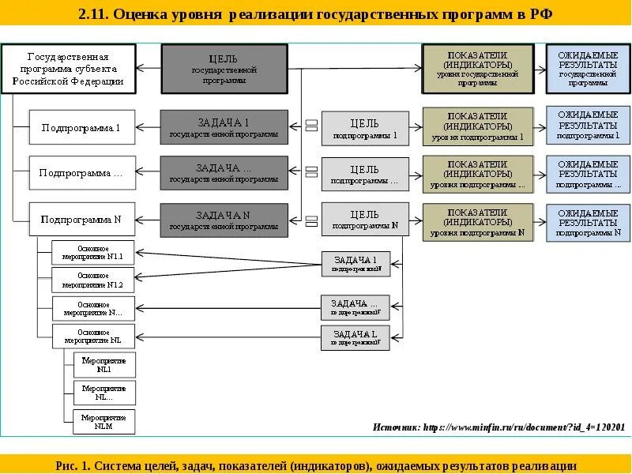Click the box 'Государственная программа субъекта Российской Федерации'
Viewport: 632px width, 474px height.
coord(68,69)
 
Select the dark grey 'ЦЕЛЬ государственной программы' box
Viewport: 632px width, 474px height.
coord(224,69)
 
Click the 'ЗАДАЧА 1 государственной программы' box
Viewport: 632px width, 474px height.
coord(224,127)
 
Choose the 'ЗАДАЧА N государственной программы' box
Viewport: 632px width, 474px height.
coord(224,219)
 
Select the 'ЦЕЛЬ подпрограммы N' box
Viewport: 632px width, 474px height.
coord(365,219)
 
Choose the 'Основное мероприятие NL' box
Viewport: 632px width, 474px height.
coord(93,336)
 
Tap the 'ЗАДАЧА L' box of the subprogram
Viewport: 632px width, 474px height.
coord(355,337)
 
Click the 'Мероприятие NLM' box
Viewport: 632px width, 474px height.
coord(104,422)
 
